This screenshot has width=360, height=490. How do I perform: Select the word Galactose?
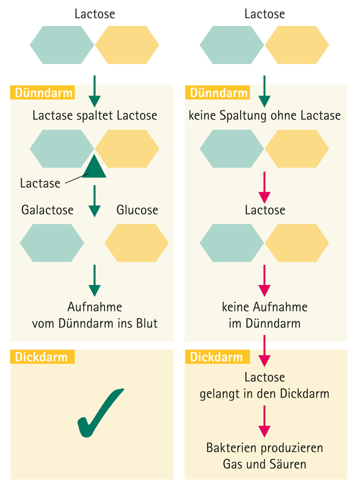(x=47, y=210)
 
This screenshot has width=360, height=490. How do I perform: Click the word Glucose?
(x=137, y=210)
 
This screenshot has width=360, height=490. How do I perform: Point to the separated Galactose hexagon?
(x=52, y=243)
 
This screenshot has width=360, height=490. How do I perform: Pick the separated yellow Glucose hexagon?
(x=136, y=243)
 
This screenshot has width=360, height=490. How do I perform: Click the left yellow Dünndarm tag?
(x=43, y=93)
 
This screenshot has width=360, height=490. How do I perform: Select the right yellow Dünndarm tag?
(x=218, y=93)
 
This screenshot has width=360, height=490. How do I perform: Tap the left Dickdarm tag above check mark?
(x=42, y=357)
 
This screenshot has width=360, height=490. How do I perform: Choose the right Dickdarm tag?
(x=216, y=357)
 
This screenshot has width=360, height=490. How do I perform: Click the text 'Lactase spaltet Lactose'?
(x=95, y=116)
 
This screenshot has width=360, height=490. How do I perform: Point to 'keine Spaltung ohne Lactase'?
(x=265, y=116)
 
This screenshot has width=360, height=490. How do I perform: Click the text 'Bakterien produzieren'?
(x=265, y=448)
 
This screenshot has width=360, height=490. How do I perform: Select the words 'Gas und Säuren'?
(x=265, y=464)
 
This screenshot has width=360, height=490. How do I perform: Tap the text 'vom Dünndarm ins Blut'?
(x=95, y=323)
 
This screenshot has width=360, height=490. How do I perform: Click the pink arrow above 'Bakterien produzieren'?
(x=265, y=421)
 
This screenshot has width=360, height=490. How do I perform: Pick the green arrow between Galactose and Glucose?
(x=94, y=201)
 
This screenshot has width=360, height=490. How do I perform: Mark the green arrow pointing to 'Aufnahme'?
(x=94, y=280)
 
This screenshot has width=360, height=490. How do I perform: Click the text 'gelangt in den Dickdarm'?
(x=265, y=394)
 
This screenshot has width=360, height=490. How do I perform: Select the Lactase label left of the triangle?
(x=40, y=183)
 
